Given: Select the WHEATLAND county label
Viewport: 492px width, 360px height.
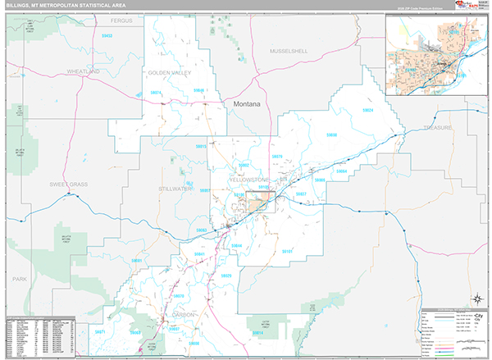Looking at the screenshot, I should pos(82,72).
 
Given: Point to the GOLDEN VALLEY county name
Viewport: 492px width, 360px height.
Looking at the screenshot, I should pos(169,73).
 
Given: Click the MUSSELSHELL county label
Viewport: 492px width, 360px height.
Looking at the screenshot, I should pos(289,51).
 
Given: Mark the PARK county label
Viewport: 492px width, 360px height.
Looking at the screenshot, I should pos(19,279).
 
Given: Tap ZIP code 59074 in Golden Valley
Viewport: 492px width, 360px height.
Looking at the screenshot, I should pos(156,93).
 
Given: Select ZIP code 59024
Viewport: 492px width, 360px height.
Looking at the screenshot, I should pos(367,110).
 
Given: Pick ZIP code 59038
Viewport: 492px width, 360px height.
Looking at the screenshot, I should pos(331,134).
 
